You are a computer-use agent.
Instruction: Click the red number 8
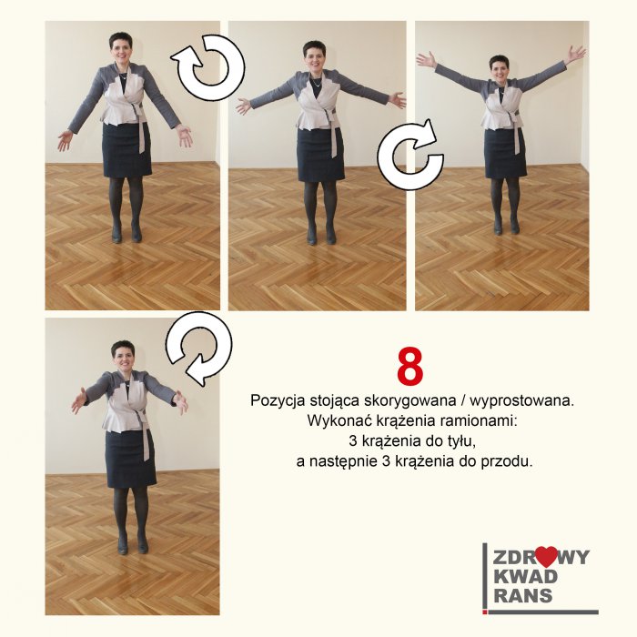[x=409, y=366]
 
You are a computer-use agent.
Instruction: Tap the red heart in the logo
[x=545, y=557]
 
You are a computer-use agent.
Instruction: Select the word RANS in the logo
[x=523, y=595]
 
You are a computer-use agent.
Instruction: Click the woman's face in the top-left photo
[x=121, y=50]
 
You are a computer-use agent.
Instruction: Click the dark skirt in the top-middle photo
[x=320, y=156]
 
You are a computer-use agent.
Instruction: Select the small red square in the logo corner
[x=484, y=612]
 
